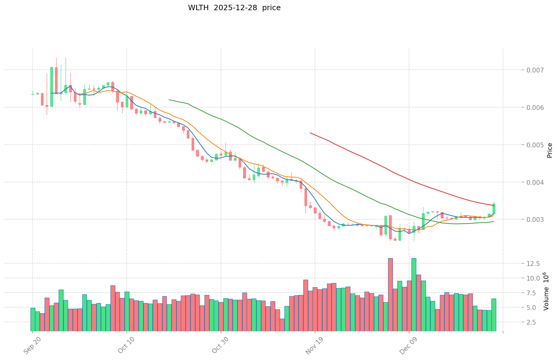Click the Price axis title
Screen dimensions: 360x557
click(x=550, y=150)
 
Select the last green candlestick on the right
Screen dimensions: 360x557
click(x=494, y=209)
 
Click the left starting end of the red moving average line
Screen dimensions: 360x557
click(x=310, y=133)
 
